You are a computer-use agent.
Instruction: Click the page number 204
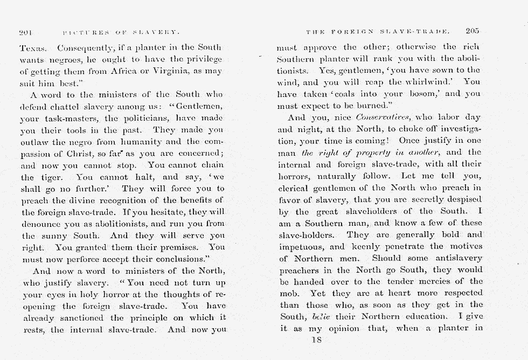pyautogui.click(x=25, y=32)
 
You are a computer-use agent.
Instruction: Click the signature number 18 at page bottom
pyautogui.click(x=316, y=341)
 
